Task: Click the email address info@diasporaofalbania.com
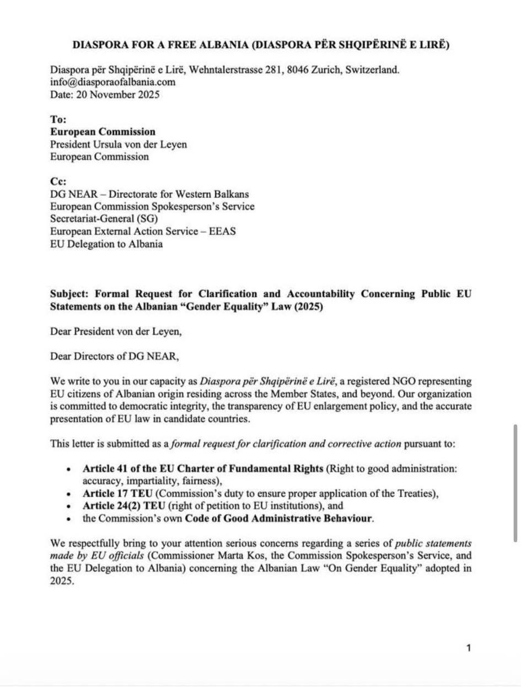pos(112,82)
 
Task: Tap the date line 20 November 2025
pos(105,94)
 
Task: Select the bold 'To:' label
pos(58,120)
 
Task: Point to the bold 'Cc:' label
pos(58,181)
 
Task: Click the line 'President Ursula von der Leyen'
pos(118,144)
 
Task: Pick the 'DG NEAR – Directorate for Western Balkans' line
pos(149,194)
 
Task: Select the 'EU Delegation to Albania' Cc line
pos(106,244)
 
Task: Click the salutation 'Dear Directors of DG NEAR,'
pos(115,356)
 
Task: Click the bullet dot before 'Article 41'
pos(68,469)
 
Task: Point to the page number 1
pos(468,648)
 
